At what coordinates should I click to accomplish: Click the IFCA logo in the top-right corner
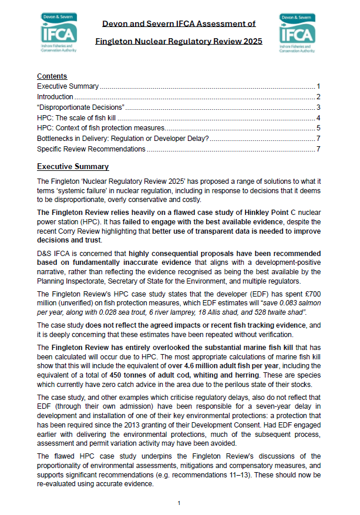(x=298, y=33)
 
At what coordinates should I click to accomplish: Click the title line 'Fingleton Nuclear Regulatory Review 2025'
(x=180, y=42)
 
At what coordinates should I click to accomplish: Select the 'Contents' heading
(x=52, y=76)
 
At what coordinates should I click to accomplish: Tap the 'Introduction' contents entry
(x=55, y=96)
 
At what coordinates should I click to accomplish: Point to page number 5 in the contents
(x=317, y=128)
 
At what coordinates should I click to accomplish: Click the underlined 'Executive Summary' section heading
(x=73, y=167)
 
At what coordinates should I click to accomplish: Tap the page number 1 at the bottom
(x=179, y=503)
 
